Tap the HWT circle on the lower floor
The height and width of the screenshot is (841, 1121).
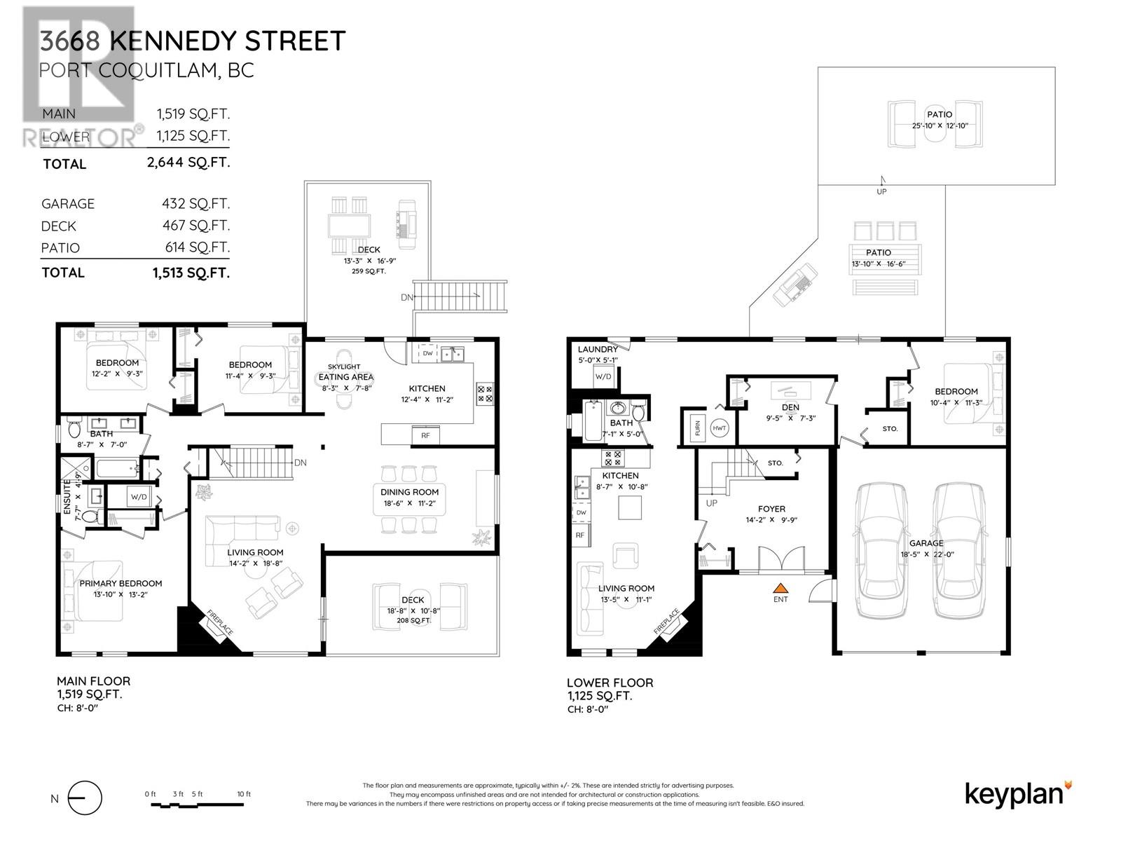[x=720, y=428]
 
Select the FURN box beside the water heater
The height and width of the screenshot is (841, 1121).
[x=697, y=429]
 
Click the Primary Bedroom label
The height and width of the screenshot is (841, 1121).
[x=121, y=583]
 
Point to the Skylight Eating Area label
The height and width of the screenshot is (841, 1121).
[x=345, y=372]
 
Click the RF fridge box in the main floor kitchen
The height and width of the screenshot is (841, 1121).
[x=425, y=435]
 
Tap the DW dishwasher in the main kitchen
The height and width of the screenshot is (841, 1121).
[x=427, y=353]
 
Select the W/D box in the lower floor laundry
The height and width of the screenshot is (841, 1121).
[x=603, y=376]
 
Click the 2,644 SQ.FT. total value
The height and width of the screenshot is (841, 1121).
[x=188, y=162]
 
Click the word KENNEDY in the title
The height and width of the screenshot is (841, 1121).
[x=174, y=41]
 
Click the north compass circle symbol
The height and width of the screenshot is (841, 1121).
[x=85, y=798]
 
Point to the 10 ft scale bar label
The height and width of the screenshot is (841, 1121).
[x=243, y=794]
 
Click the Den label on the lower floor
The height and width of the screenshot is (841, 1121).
[x=790, y=407]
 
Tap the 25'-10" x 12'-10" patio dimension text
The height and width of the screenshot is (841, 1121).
[x=939, y=125]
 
